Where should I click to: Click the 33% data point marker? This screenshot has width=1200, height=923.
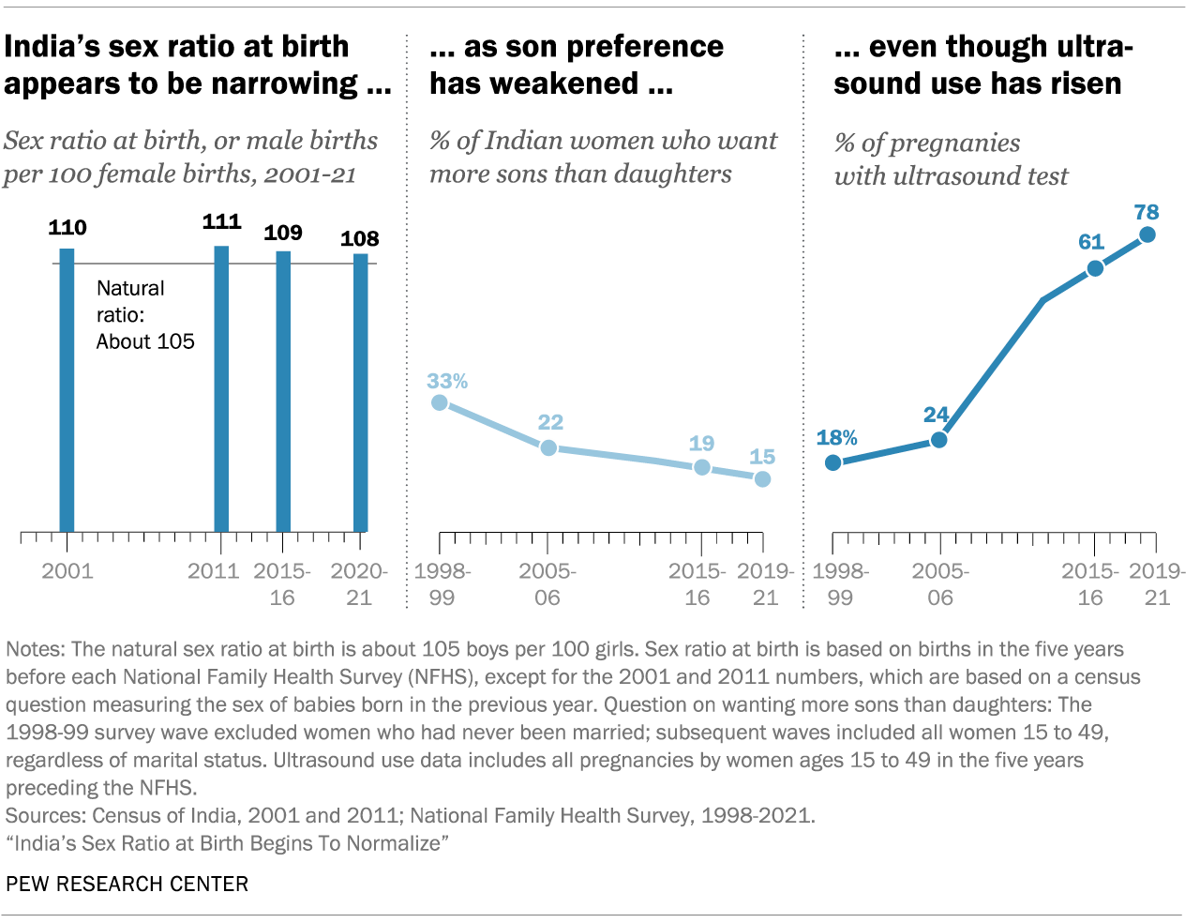pyautogui.click(x=440, y=402)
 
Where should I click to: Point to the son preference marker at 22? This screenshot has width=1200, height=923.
pyautogui.click(x=548, y=447)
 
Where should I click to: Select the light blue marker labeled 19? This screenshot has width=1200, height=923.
pyautogui.click(x=702, y=466)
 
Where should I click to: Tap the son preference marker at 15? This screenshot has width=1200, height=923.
pyautogui.click(x=762, y=478)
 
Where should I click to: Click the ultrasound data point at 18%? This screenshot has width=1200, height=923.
pyautogui.click(x=832, y=462)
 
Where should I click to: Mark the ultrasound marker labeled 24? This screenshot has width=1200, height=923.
pyautogui.click(x=938, y=439)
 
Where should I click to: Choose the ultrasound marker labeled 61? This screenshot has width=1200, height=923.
pyautogui.click(x=1094, y=268)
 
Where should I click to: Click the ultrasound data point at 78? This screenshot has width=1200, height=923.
pyautogui.click(x=1147, y=235)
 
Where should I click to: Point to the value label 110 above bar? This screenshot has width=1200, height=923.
pyautogui.click(x=67, y=228)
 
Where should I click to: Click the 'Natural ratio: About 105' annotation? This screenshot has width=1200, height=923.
pyautogui.click(x=144, y=315)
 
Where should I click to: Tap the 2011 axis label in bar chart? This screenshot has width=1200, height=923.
pyautogui.click(x=214, y=571)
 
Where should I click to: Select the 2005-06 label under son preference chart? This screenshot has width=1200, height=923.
pyautogui.click(x=547, y=584)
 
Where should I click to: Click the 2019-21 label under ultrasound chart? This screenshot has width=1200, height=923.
pyautogui.click(x=1157, y=584)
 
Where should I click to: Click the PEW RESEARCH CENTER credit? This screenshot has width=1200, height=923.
pyautogui.click(x=127, y=885)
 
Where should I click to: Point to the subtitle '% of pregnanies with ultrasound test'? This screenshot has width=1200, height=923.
pyautogui.click(x=951, y=159)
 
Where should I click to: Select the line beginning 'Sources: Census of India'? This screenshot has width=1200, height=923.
pyautogui.click(x=411, y=815)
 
